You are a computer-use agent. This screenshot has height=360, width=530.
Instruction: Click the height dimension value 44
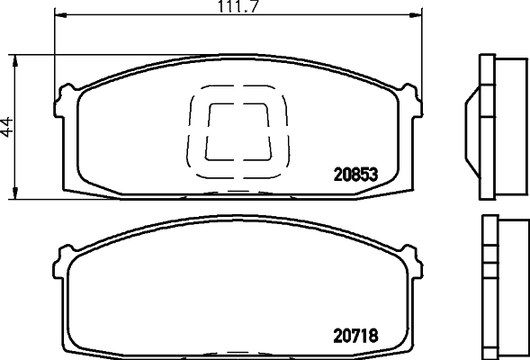tap(8, 127)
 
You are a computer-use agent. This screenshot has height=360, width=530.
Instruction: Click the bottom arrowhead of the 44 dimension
tap(15, 194)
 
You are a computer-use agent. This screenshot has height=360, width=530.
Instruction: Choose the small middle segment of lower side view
tap(487, 267)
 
